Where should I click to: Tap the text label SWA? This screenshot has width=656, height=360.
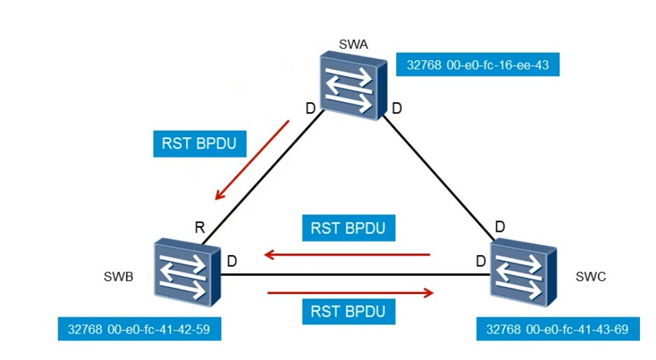[x=353, y=46]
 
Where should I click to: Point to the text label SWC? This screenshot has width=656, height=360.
[x=592, y=277]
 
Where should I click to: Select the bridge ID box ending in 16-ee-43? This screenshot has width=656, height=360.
[x=477, y=66]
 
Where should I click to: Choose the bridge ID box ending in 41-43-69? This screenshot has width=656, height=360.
[x=557, y=329]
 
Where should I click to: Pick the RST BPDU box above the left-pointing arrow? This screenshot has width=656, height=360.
[x=348, y=228]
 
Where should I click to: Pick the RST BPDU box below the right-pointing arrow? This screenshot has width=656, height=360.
[x=348, y=311]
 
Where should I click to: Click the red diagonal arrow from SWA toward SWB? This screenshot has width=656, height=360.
[x=252, y=160]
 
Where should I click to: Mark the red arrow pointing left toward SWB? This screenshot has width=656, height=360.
[x=347, y=255]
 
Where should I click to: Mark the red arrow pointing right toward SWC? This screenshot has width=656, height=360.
[x=351, y=292]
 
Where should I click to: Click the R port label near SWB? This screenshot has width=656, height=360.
[x=200, y=228]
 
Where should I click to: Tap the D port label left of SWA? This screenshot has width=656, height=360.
[x=309, y=109]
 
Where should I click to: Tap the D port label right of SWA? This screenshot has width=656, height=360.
[x=396, y=109]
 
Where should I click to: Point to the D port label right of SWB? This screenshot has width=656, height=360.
[x=232, y=261]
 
